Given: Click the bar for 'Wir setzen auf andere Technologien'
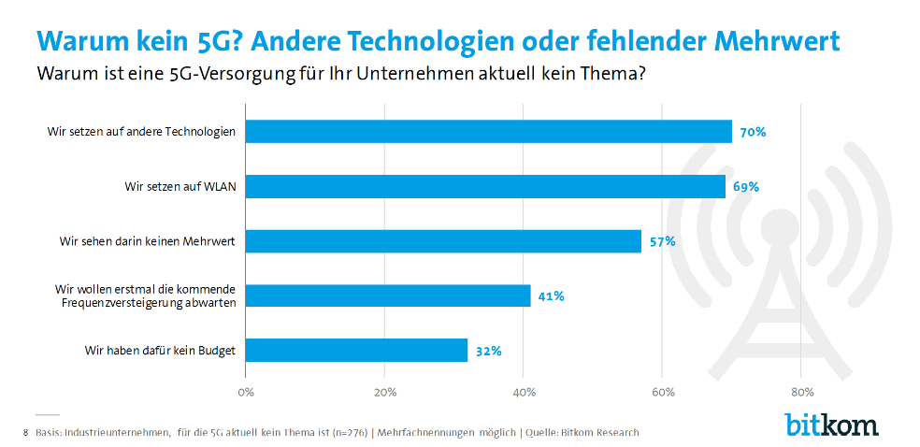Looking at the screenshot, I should point(488,132).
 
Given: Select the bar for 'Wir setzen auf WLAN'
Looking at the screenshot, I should point(485,186).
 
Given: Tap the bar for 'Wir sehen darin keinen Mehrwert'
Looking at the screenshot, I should point(443,241).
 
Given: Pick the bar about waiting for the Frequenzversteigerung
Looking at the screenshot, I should point(388,296).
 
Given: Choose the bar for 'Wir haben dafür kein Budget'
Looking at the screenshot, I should point(356,351).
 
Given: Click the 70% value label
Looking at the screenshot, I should point(753,132).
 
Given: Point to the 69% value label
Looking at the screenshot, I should point(746,186).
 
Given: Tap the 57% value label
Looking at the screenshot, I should point(662,241).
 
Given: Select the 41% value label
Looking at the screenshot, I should point(551,296).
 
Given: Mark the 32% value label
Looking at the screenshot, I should point(488,351).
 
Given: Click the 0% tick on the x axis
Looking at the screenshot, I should point(246,392).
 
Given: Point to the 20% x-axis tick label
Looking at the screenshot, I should point(384,392).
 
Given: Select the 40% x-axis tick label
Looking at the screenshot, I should point(524,392).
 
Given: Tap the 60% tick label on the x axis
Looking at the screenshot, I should point(662,392).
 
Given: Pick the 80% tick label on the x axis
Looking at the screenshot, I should point(801,392).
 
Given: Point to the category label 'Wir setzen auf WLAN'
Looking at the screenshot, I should point(180,187).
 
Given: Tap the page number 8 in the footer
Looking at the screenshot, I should point(25,433).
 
